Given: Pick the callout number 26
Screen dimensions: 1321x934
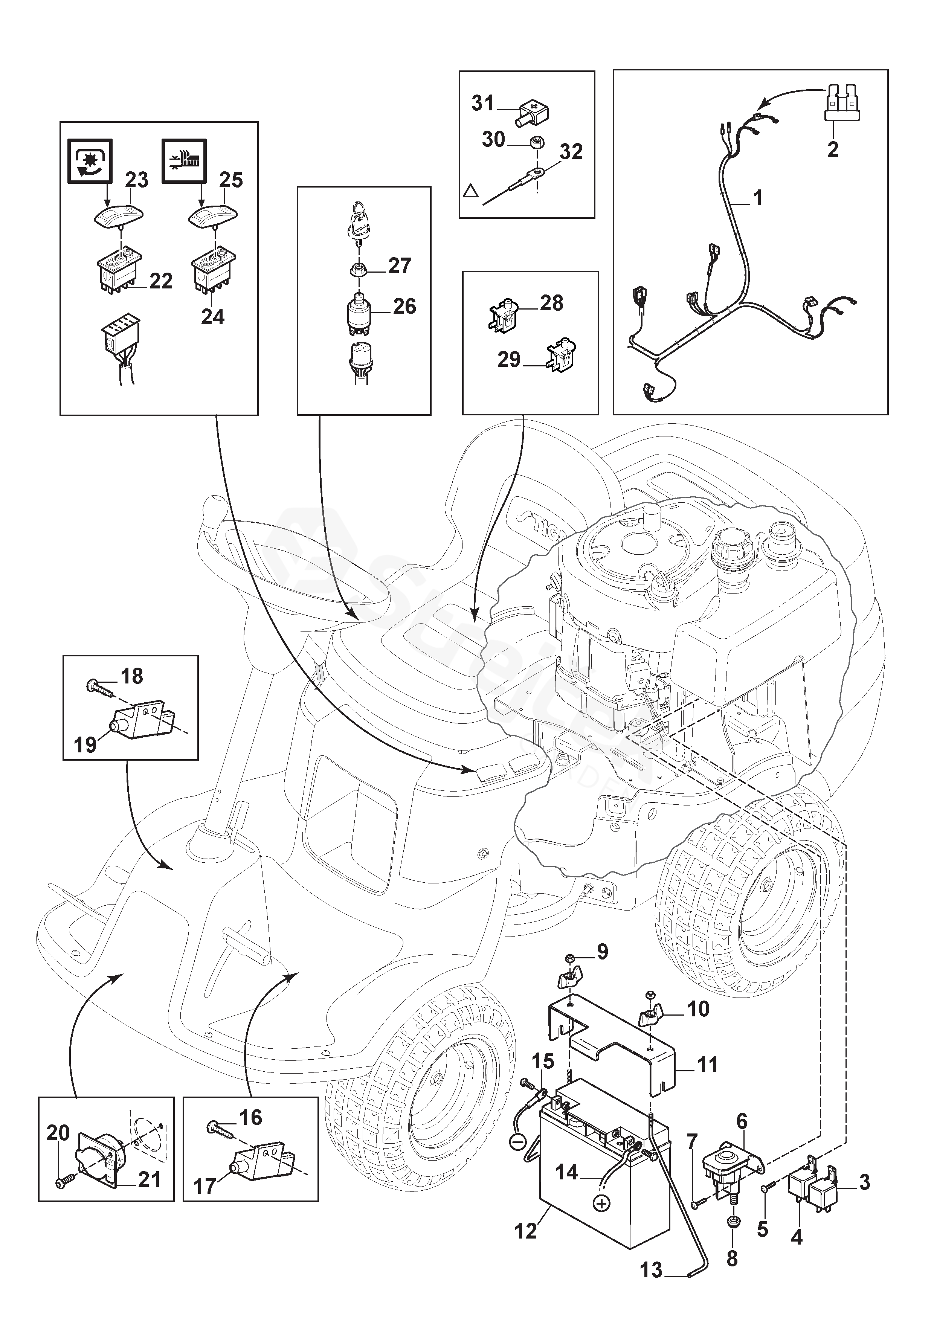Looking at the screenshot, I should pos(404,306).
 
